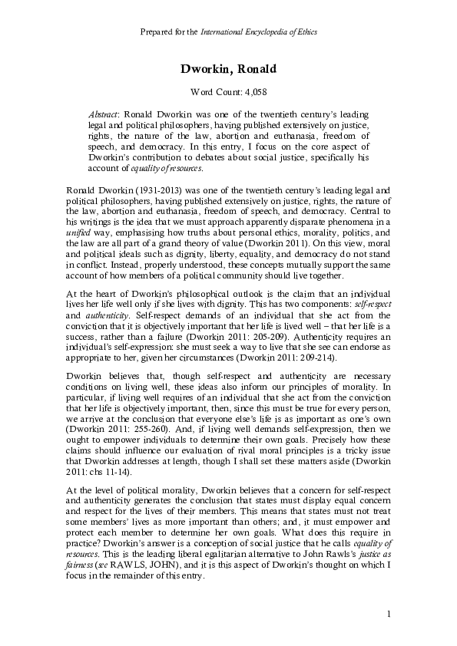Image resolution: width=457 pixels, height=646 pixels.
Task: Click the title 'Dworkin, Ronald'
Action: tap(228, 70)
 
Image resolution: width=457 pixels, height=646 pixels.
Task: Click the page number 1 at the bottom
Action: tap(389, 614)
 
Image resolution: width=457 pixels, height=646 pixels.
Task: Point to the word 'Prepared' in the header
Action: tap(158, 32)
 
